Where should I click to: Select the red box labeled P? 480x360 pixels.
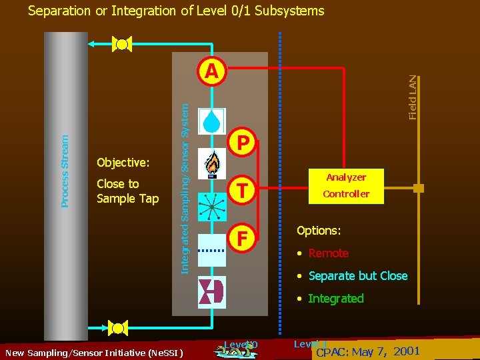click(244, 143)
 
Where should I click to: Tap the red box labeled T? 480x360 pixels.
click(244, 191)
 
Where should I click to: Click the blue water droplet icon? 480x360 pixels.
click(212, 121)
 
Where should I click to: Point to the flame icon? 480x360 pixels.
click(212, 164)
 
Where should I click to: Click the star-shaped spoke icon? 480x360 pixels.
click(212, 207)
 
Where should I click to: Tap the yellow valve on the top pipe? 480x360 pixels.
click(122, 45)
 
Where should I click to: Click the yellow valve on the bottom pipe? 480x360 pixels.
click(118, 327)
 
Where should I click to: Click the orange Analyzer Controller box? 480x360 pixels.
click(346, 185)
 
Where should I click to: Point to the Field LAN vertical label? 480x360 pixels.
click(413, 97)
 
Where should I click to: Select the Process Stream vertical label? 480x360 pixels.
click(65, 171)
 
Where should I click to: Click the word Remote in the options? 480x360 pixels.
click(328, 253)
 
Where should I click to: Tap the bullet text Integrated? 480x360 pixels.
click(335, 299)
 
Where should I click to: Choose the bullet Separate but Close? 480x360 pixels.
click(357, 276)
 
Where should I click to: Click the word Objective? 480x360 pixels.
click(123, 163)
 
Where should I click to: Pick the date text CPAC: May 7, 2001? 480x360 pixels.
click(367, 351)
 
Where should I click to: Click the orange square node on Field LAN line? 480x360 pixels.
click(418, 189)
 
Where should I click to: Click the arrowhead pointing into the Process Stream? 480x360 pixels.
click(94, 45)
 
